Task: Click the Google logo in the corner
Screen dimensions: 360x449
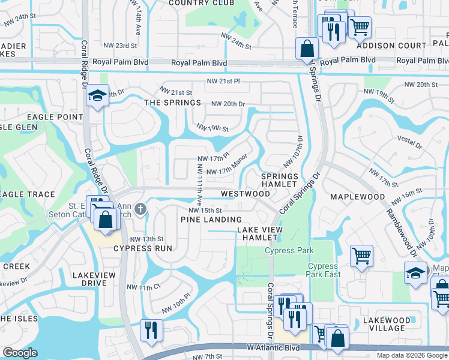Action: (x=20, y=353)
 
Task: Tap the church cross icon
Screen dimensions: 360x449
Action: (x=140, y=209)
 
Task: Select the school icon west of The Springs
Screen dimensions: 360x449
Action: (x=97, y=95)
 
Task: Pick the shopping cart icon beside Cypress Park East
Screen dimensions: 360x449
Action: (x=361, y=256)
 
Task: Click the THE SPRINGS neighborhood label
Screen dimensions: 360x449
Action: (x=173, y=103)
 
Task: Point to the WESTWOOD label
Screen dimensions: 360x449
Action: (x=245, y=194)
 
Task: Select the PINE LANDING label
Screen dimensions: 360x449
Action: (x=211, y=220)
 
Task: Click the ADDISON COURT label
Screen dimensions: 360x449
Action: (x=391, y=46)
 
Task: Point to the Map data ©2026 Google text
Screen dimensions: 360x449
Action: (x=411, y=355)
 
